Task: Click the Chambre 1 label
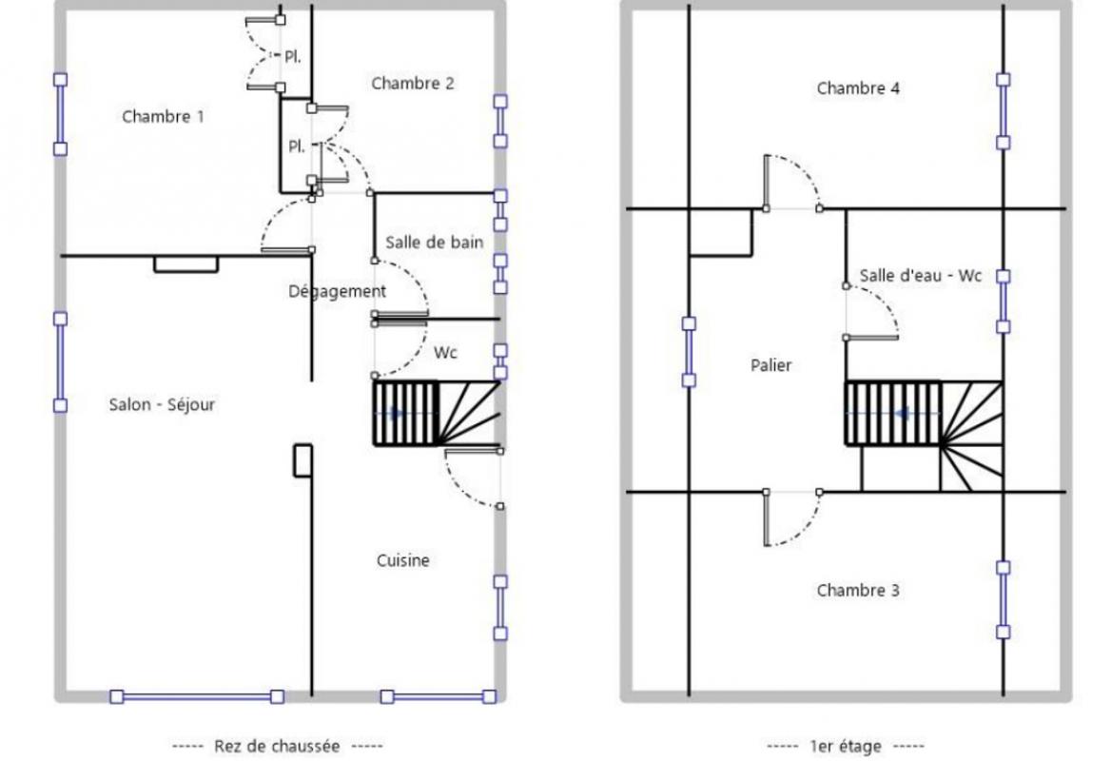coord(163,116)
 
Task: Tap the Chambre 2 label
coord(413,84)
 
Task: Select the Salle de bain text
coord(435,243)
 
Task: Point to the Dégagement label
coord(338,291)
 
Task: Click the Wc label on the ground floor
coord(446,353)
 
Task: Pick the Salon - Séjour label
coord(162,404)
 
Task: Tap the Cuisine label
coord(403,560)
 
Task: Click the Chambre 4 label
coord(858,88)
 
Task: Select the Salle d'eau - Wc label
coord(921,276)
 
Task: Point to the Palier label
coord(770,365)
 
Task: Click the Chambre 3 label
coord(858,590)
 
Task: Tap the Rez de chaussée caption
coord(277,746)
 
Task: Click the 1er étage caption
coord(846,746)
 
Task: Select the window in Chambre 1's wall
coord(61,114)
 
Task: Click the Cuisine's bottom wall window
coord(438,697)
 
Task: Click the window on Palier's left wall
coord(689,352)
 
